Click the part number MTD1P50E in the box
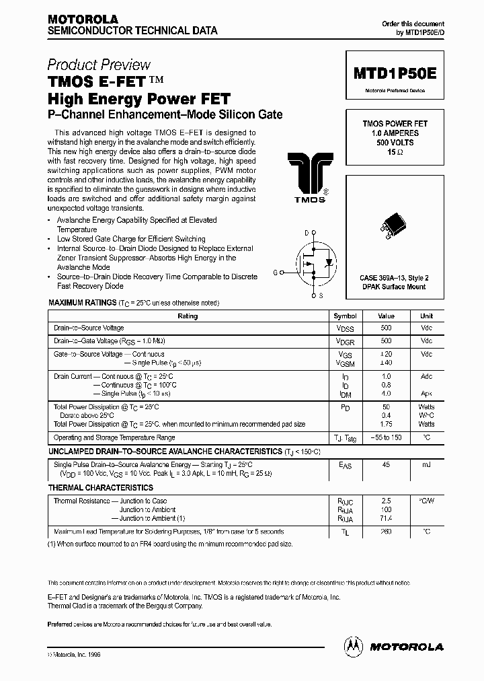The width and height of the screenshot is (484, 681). point(395,74)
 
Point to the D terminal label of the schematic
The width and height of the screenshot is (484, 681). point(307,233)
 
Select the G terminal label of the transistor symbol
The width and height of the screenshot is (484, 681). point(275,272)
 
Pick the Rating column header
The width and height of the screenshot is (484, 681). point(188,316)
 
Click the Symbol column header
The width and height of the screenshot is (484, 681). point(346,316)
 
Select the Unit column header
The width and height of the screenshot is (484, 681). point(426,316)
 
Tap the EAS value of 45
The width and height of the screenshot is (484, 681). point(386,465)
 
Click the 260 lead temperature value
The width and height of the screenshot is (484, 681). point(386,531)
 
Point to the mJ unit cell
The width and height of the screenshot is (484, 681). point(426,465)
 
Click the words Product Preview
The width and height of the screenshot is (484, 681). point(99,65)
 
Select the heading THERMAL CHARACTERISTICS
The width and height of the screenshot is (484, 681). point(101,487)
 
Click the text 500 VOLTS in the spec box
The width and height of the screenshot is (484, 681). point(395,143)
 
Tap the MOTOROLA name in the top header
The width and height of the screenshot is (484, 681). point(83,20)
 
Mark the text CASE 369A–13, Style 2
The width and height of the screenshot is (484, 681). point(395,277)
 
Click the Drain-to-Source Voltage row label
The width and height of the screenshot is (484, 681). point(89,328)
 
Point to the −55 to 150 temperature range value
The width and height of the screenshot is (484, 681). point(386,437)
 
